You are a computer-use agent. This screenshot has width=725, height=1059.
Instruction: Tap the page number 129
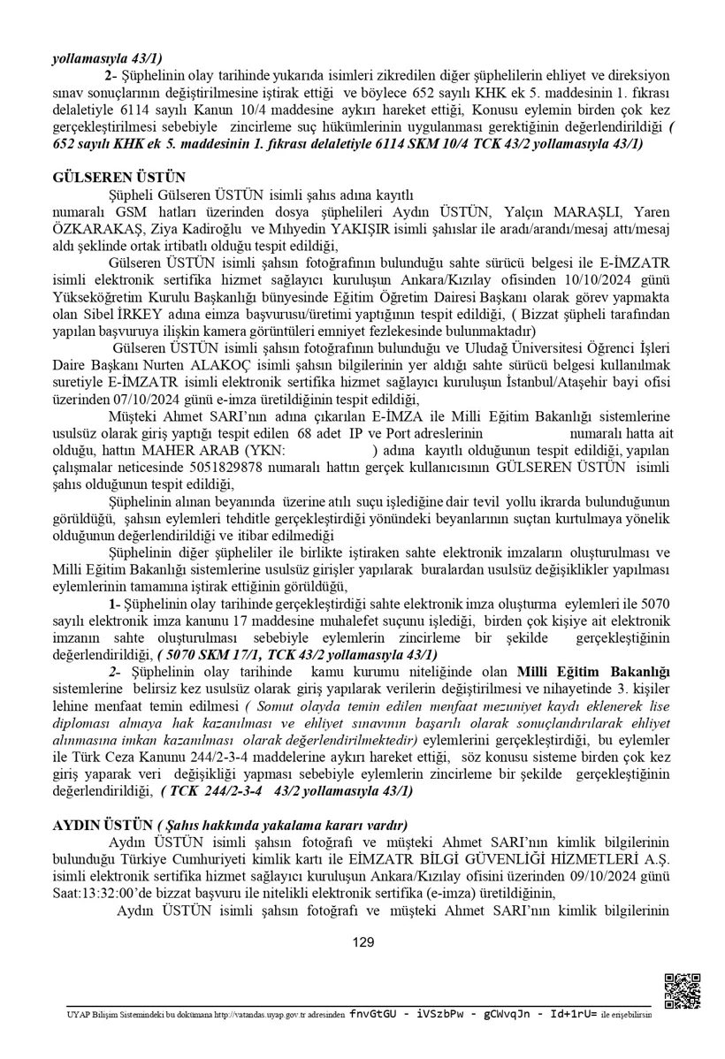362,942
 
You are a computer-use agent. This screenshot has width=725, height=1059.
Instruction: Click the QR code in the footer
681,990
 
